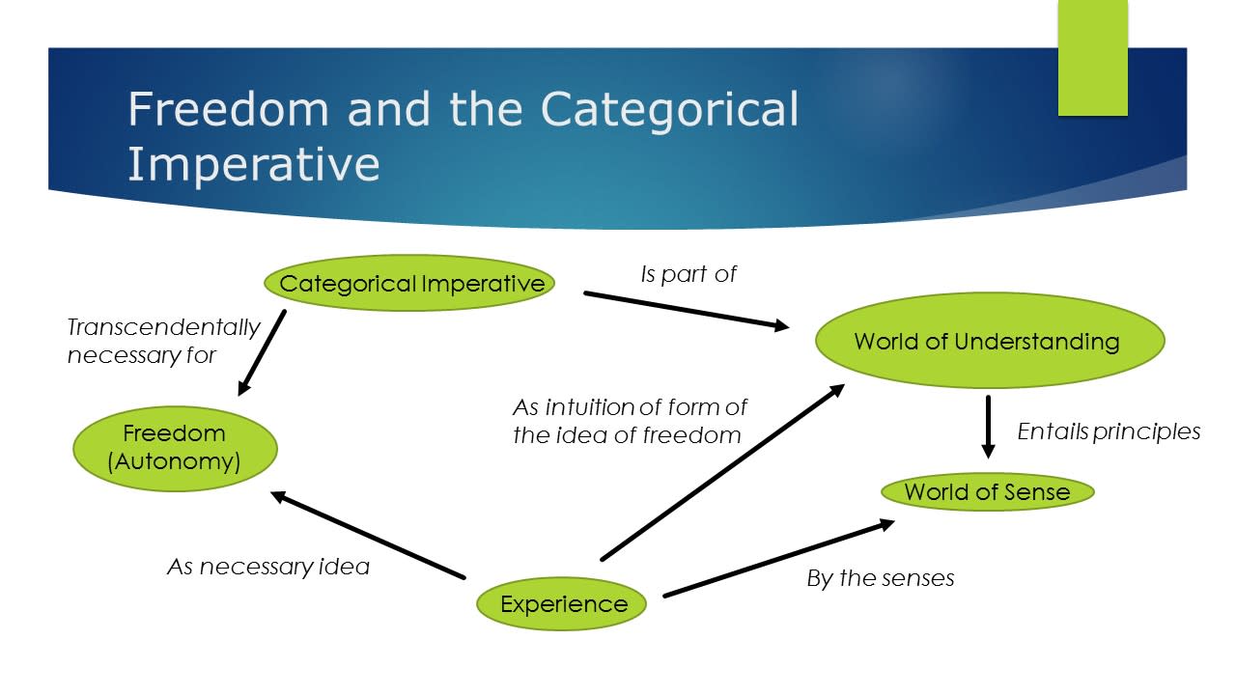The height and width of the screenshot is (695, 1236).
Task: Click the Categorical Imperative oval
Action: (x=409, y=283)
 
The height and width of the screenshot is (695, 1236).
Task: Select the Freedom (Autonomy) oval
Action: (x=175, y=448)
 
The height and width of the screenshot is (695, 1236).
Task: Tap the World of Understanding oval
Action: (x=989, y=341)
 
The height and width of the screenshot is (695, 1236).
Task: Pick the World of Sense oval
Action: (x=987, y=491)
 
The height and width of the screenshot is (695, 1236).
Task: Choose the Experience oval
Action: (x=563, y=604)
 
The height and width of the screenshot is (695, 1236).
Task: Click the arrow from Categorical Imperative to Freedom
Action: (x=262, y=352)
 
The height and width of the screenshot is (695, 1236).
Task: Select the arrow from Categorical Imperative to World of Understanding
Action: (x=686, y=310)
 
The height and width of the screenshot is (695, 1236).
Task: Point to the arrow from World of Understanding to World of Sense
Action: (x=988, y=426)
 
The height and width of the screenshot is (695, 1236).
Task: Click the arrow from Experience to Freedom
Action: (x=368, y=535)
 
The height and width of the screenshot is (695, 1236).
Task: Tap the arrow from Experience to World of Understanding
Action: (x=722, y=472)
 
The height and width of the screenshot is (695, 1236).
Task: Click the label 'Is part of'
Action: (x=688, y=274)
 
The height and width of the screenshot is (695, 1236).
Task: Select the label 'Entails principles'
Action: (x=1109, y=431)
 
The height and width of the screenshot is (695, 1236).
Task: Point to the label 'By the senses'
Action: (x=880, y=578)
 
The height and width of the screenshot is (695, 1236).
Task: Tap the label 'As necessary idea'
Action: (x=268, y=567)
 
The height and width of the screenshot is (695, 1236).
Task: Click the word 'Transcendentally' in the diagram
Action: (x=163, y=328)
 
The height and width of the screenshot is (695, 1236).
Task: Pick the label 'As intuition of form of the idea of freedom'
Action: (x=629, y=421)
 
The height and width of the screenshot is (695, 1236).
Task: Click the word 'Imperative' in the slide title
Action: (x=253, y=164)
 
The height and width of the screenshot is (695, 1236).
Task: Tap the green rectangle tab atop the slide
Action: (x=1092, y=58)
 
